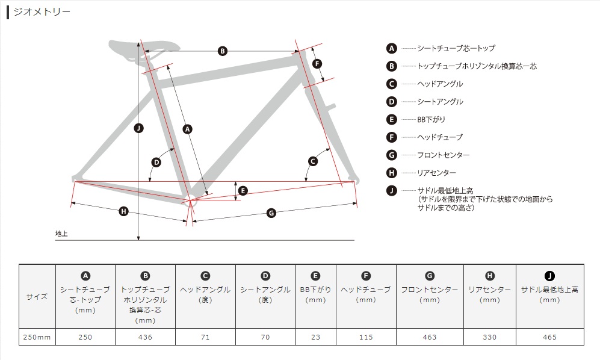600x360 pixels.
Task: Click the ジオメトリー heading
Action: click(x=42, y=12)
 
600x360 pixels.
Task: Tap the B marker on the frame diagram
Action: click(x=222, y=51)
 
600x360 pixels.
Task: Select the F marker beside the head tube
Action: click(x=317, y=64)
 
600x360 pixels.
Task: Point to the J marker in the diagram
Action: click(x=138, y=128)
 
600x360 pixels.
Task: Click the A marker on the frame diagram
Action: click(x=187, y=129)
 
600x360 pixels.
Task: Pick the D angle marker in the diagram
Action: click(x=156, y=163)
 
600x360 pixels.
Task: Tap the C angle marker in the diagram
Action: click(x=312, y=161)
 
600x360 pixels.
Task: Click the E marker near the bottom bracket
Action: click(x=243, y=191)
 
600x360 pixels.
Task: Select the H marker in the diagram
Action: click(x=123, y=211)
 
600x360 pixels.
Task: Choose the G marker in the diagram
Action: click(x=271, y=213)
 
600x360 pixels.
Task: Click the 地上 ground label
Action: click(x=61, y=233)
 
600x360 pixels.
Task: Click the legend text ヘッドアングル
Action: click(x=440, y=84)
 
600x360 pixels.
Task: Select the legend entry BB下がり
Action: click(x=431, y=119)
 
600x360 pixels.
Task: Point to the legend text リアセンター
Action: click(x=436, y=173)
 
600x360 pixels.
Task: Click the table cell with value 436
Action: click(x=145, y=337)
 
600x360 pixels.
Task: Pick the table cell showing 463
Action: click(x=430, y=337)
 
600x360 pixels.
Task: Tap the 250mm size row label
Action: click(x=37, y=337)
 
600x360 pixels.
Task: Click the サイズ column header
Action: click(x=37, y=296)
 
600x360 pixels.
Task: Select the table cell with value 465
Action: click(x=550, y=337)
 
